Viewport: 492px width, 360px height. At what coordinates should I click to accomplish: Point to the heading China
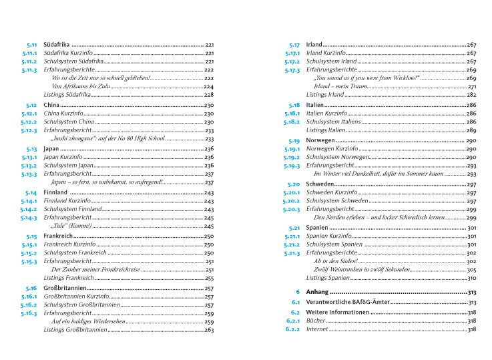51,106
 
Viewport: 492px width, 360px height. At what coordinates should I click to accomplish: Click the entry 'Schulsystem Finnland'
72,209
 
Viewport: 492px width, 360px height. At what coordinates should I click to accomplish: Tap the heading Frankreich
57,236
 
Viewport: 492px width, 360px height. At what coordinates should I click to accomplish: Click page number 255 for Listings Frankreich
208,278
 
